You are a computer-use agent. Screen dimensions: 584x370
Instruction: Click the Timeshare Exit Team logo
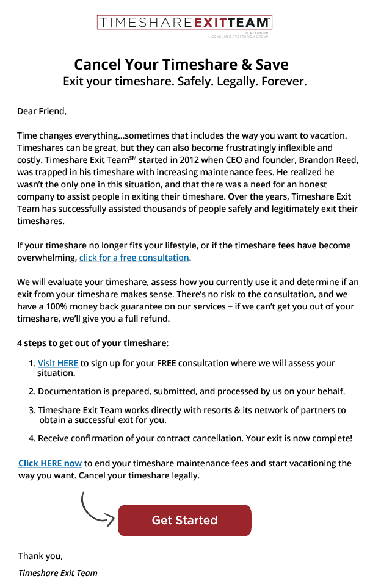[x=184, y=24]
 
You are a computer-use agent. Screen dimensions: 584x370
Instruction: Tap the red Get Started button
[x=184, y=521]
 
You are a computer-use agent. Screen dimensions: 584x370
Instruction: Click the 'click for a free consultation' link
[x=134, y=258]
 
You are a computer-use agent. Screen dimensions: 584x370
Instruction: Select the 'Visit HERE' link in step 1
[x=58, y=363]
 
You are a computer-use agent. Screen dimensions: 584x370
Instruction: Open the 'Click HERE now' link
[x=50, y=463]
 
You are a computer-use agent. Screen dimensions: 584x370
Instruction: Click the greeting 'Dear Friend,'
[x=42, y=111]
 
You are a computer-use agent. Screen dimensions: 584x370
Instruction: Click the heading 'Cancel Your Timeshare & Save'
[x=181, y=65]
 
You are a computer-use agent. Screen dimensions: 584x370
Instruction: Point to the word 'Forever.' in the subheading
[x=284, y=81]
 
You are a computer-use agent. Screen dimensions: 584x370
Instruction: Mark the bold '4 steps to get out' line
[x=93, y=343]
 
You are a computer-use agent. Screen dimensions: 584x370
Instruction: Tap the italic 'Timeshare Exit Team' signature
[x=58, y=573]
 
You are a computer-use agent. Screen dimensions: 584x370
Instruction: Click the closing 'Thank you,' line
[x=40, y=556]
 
